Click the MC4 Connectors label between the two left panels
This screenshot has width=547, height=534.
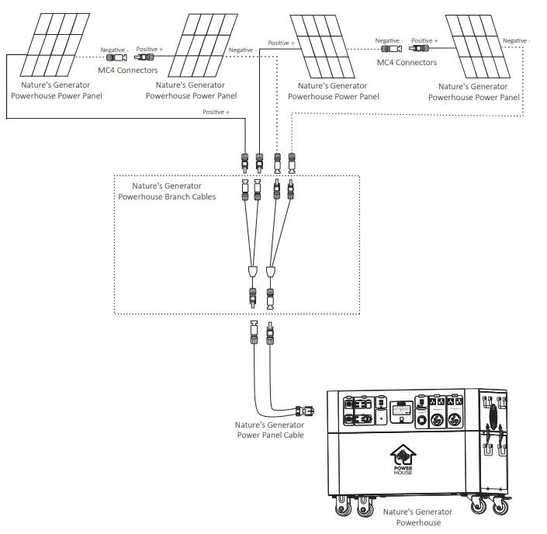point(128,71)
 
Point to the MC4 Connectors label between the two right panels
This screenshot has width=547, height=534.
point(407,63)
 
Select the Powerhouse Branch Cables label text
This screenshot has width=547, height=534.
point(167,192)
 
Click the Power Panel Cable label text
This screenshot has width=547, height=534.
point(269,430)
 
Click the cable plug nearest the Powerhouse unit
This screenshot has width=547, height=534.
point(306,411)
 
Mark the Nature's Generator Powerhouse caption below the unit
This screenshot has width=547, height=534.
point(418,517)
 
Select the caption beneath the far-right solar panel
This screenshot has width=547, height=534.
point(474,92)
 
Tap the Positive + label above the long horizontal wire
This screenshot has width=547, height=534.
point(216,113)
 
